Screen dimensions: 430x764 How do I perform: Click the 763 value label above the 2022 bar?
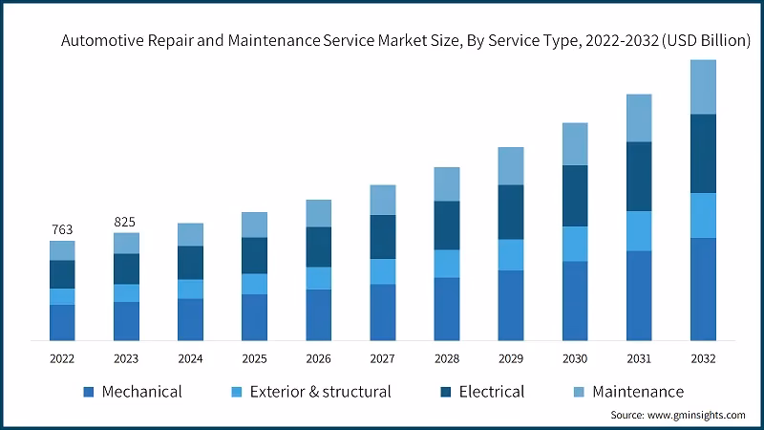tap(62, 229)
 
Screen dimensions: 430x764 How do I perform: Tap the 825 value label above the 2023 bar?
tap(125, 222)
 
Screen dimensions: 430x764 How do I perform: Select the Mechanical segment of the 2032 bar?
tap(703, 289)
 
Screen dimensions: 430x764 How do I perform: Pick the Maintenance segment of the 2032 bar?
tap(703, 87)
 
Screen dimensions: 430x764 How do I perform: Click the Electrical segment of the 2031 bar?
tap(639, 176)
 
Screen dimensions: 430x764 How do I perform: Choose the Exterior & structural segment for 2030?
tap(575, 244)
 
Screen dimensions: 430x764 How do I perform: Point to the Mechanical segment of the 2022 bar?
tap(62, 322)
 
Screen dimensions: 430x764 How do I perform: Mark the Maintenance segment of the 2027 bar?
tap(382, 200)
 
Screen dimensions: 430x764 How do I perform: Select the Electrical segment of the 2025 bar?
tap(254, 255)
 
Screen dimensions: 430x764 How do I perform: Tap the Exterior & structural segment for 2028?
tap(446, 264)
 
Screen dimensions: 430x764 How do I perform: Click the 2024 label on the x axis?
tap(190, 358)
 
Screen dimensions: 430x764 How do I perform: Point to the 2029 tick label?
tap(510, 358)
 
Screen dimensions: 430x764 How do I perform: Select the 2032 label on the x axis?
tap(703, 358)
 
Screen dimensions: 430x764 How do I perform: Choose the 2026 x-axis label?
tap(318, 358)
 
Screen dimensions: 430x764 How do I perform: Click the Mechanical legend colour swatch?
tap(89, 392)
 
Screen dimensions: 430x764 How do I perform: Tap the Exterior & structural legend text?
tap(320, 392)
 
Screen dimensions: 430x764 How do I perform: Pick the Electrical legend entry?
tap(491, 392)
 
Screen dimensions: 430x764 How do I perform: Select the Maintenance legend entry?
tap(638, 392)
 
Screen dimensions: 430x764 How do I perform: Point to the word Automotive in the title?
tap(102, 42)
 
